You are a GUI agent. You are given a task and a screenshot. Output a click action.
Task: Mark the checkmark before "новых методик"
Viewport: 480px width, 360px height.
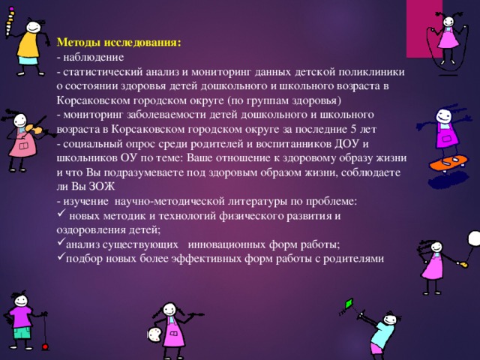click(61, 214)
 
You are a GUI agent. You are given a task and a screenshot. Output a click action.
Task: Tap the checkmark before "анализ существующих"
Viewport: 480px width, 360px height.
click(61, 244)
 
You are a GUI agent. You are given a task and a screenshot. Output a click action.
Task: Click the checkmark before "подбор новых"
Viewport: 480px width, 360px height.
click(61, 258)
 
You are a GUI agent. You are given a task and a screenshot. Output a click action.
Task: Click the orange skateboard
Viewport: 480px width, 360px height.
click(448, 162)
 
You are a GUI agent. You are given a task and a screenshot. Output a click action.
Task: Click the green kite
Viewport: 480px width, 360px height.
click(349, 304)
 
